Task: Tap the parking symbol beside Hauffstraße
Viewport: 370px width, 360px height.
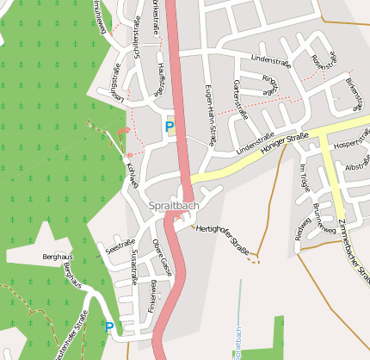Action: [x=170, y=127]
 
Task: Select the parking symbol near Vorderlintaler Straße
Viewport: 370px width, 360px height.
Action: [x=108, y=326]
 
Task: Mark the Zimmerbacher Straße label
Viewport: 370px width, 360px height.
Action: [x=353, y=249]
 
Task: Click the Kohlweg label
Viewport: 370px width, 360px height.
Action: [x=133, y=172]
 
